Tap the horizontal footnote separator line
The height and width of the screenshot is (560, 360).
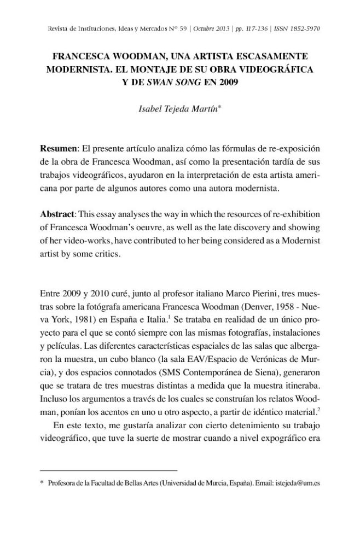(x=109, y=470)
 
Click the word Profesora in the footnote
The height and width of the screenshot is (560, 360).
(x=63, y=483)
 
